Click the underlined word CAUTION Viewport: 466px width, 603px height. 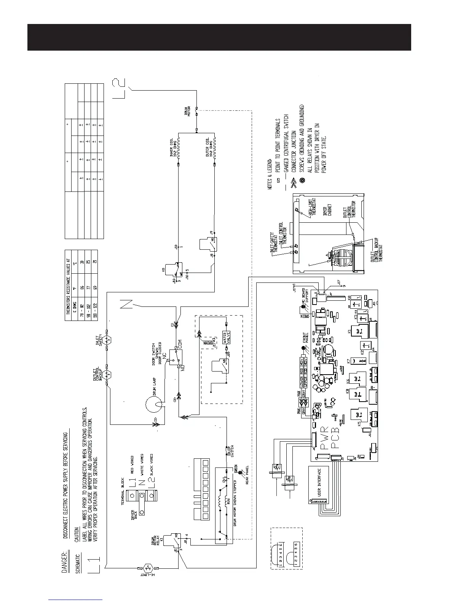[76, 535]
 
